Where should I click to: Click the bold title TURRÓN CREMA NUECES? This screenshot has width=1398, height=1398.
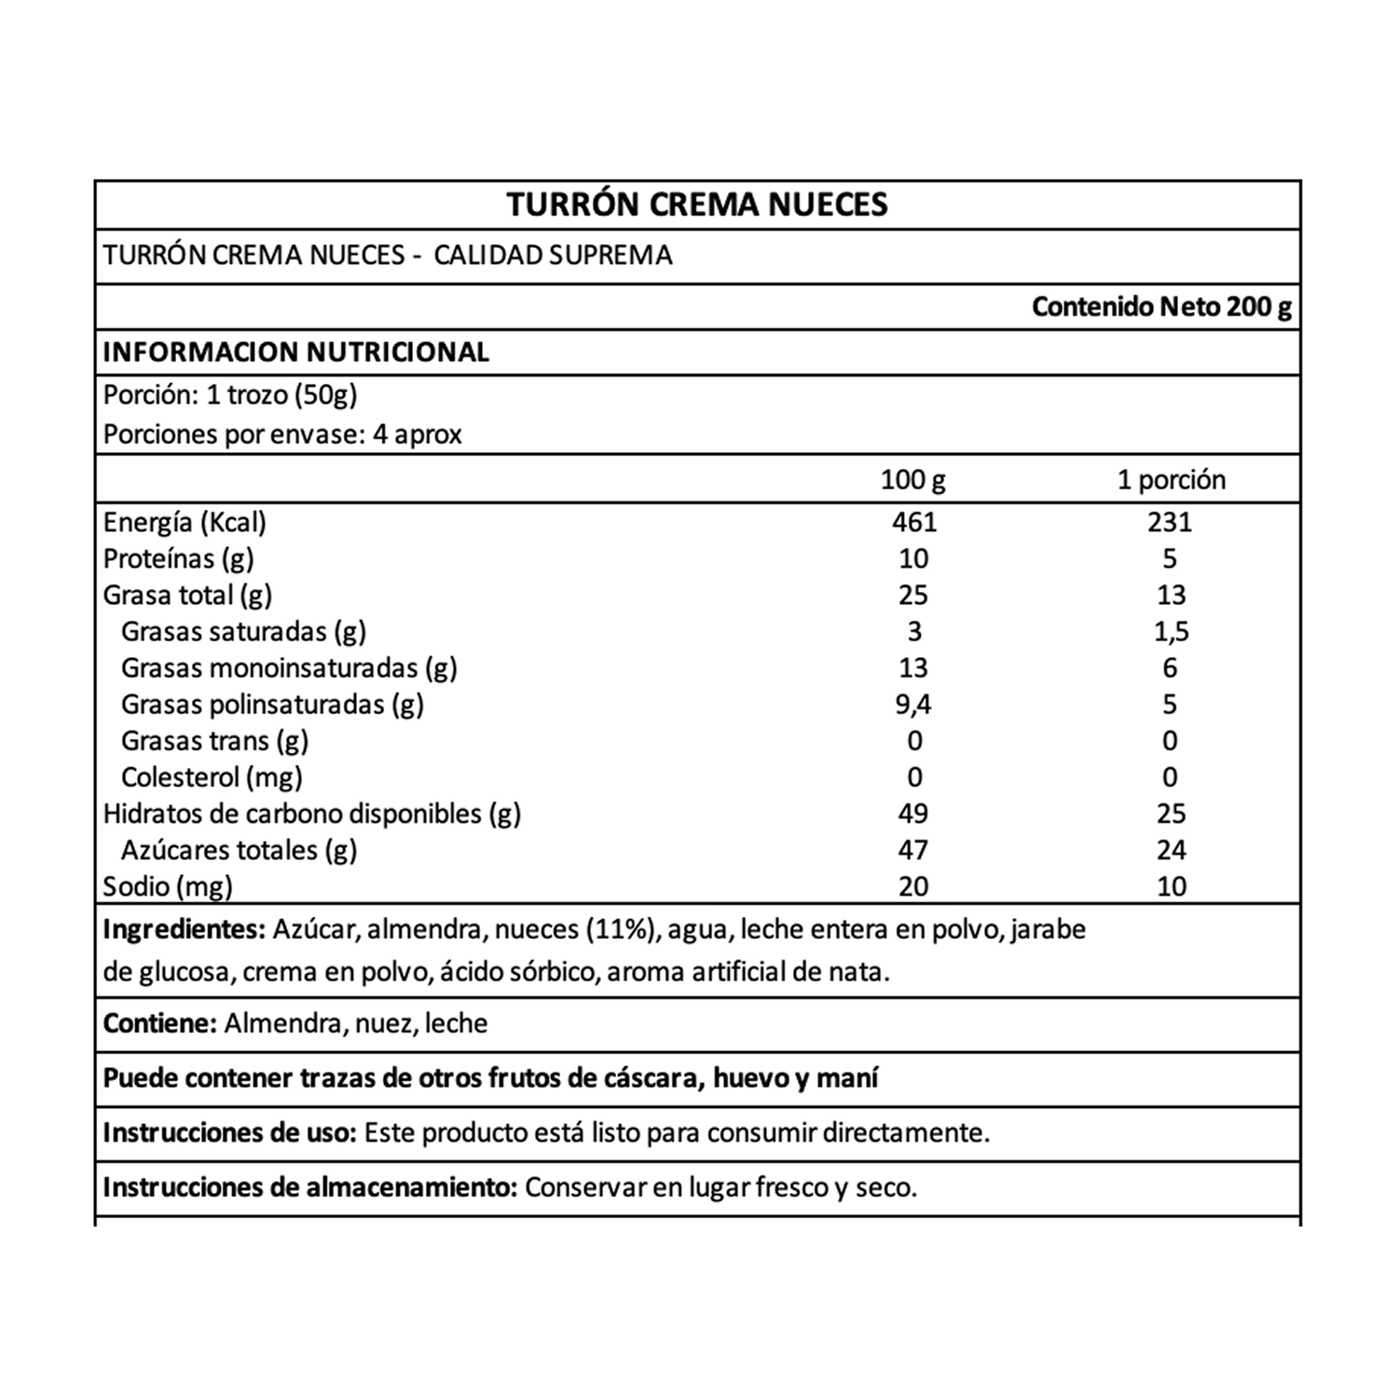click(x=697, y=204)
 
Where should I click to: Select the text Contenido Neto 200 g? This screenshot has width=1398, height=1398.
click(x=1161, y=307)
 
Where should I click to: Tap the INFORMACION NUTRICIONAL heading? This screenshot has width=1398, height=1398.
click(x=295, y=351)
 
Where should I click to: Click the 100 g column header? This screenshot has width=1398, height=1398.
click(x=912, y=480)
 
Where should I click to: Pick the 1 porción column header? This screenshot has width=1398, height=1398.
click(x=1172, y=480)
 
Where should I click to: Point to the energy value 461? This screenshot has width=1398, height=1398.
click(x=913, y=521)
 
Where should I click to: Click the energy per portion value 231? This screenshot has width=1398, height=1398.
click(x=1170, y=521)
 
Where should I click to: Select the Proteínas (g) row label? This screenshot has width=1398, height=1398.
click(x=178, y=558)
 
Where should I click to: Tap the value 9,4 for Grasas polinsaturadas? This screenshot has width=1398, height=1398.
click(x=913, y=704)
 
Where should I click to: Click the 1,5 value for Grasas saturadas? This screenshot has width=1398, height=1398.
click(x=1171, y=631)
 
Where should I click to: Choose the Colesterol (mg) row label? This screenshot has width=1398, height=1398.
click(x=212, y=776)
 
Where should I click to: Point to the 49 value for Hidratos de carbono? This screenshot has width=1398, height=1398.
click(x=913, y=813)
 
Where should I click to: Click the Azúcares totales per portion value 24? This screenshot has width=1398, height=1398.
click(x=1171, y=849)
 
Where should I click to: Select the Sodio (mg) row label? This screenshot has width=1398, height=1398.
click(x=168, y=885)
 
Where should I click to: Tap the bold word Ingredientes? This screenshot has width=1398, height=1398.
click(x=184, y=930)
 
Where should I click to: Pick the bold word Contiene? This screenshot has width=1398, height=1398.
click(x=160, y=1023)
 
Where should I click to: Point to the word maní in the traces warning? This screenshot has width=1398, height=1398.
click(x=847, y=1078)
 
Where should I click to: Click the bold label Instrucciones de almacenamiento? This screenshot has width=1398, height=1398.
click(x=309, y=1187)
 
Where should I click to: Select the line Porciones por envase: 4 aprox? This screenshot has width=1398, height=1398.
click(x=282, y=434)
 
